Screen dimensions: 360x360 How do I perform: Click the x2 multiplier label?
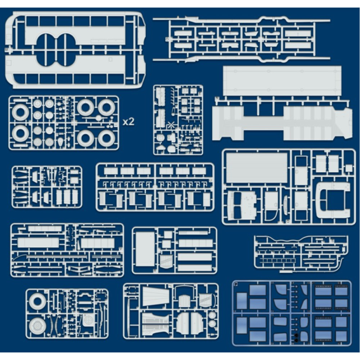pyautogui.click(x=128, y=122)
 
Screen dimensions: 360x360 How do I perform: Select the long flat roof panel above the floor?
pyautogui.click(x=282, y=80)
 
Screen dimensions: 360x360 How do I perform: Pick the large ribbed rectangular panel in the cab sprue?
pyautogui.click(x=257, y=167)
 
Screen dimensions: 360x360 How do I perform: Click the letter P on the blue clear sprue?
pyautogui.click(x=236, y=284)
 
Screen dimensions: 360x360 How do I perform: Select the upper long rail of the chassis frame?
pyautogui.click(x=241, y=21)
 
